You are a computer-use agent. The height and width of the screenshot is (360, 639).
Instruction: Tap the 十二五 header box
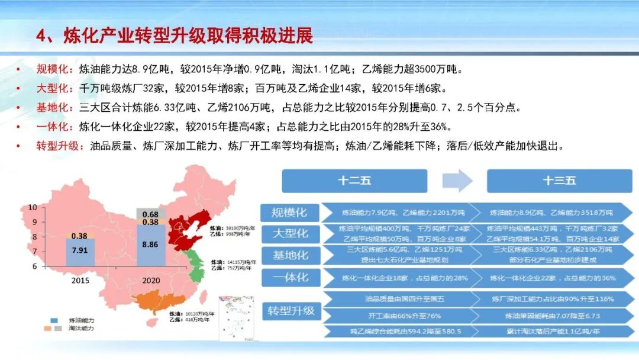tap(354, 181)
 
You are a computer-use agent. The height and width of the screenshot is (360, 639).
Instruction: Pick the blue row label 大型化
tap(290, 233)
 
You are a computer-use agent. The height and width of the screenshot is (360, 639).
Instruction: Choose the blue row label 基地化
tap(290, 255)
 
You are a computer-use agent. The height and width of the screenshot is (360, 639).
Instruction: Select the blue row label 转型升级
tap(290, 310)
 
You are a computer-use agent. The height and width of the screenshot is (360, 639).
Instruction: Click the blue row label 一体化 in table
tap(290, 277)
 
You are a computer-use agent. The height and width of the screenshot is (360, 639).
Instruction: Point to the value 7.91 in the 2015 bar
tap(80, 250)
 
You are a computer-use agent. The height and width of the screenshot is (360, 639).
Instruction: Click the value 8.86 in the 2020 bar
tap(151, 243)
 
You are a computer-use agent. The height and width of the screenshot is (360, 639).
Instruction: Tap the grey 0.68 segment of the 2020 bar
tap(151, 214)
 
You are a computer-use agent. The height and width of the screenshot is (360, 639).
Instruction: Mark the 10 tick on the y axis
tap(33, 207)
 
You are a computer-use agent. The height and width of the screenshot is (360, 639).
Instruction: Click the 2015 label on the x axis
tap(80, 280)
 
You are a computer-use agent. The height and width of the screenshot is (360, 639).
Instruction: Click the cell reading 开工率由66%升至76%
tap(405, 316)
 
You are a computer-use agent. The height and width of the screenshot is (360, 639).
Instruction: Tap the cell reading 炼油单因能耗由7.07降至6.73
tap(552, 316)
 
